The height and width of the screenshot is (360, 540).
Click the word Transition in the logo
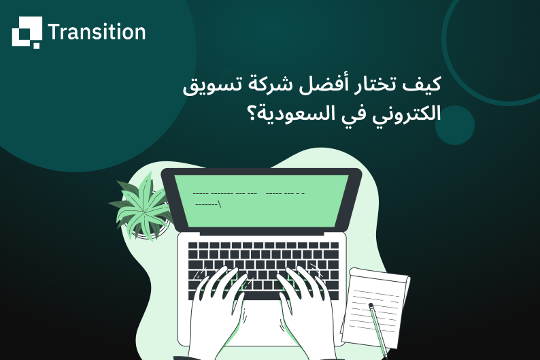click(97, 32)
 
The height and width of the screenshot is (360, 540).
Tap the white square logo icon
click(27, 32)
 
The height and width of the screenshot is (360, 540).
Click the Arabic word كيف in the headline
click(424, 86)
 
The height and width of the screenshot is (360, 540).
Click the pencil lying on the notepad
click(377, 327)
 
